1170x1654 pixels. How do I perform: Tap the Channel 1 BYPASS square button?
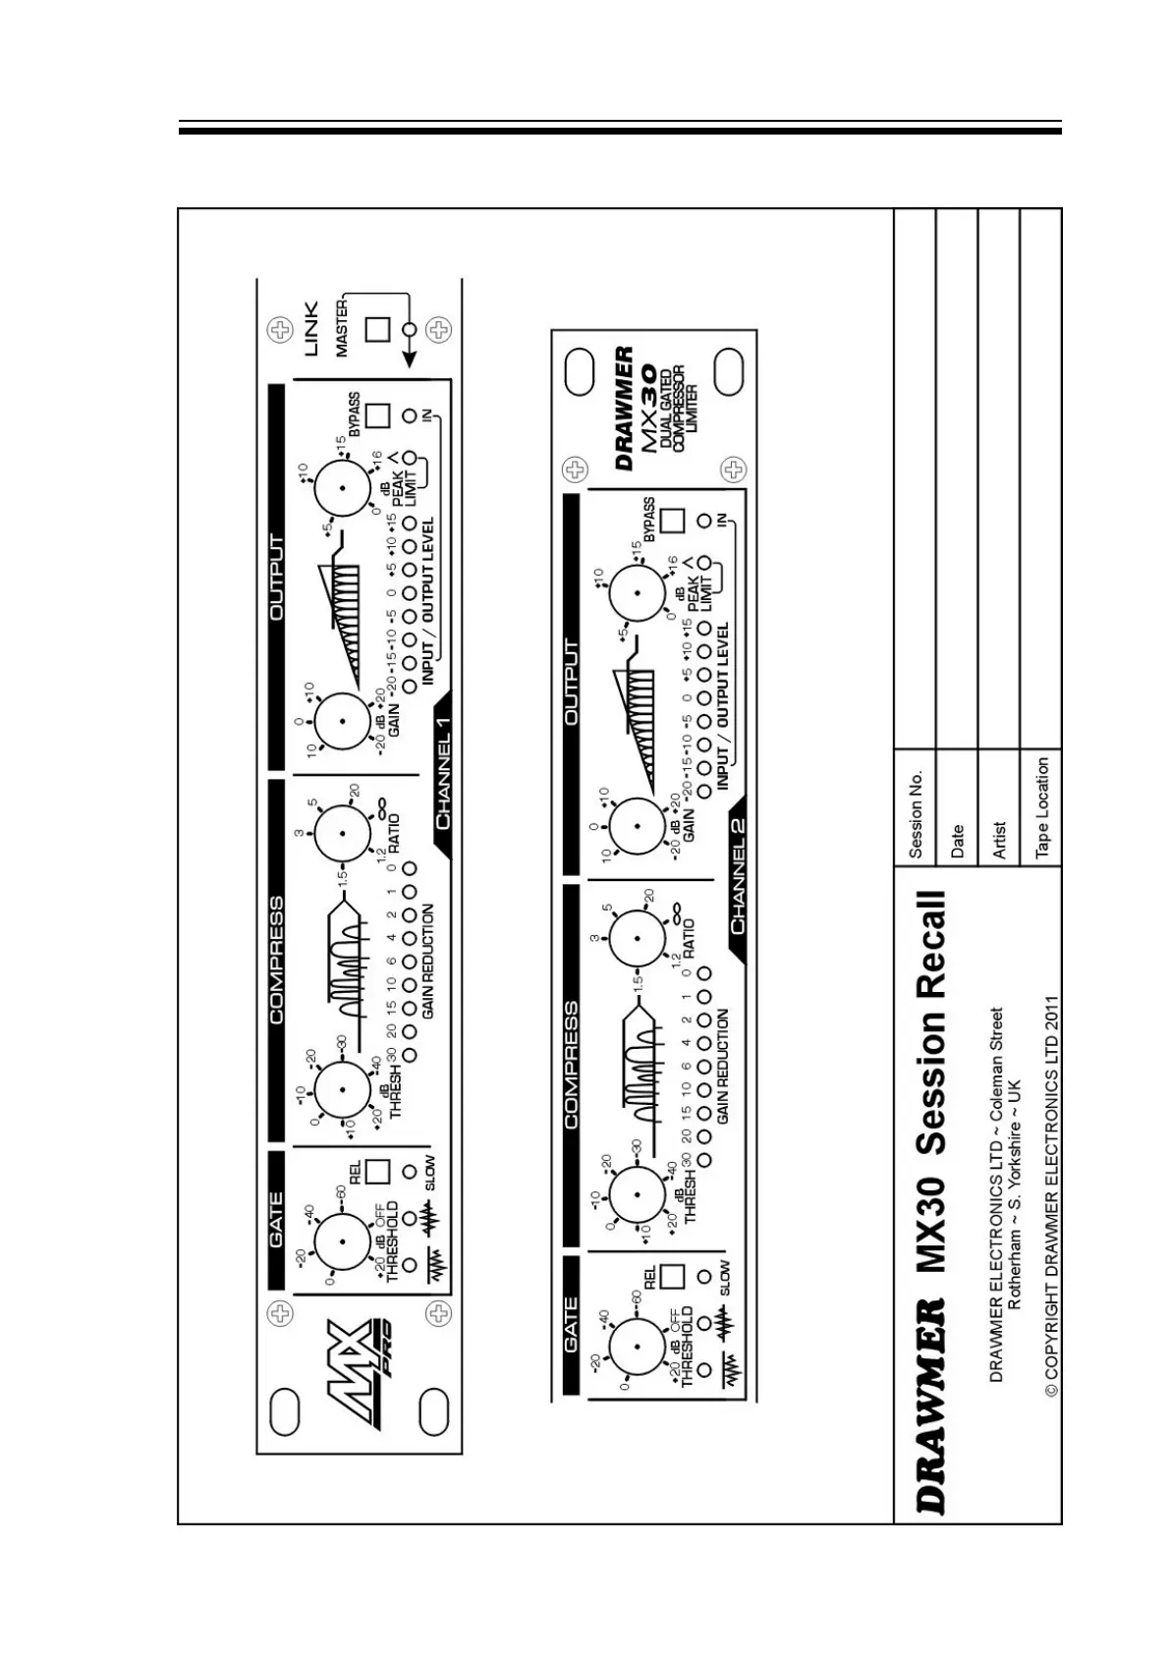(x=377, y=416)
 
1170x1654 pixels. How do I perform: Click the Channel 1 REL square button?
(x=377, y=1171)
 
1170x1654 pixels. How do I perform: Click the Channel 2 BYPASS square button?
(x=672, y=521)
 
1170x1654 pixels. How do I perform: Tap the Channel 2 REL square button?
(x=672, y=1275)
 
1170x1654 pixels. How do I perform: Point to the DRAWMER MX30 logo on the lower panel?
(x=651, y=403)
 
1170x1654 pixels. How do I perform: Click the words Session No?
(x=916, y=814)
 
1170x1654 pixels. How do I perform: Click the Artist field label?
(x=999, y=841)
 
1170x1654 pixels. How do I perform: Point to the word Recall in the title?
(x=930, y=948)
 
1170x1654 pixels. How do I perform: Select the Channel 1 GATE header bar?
(x=276, y=1219)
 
